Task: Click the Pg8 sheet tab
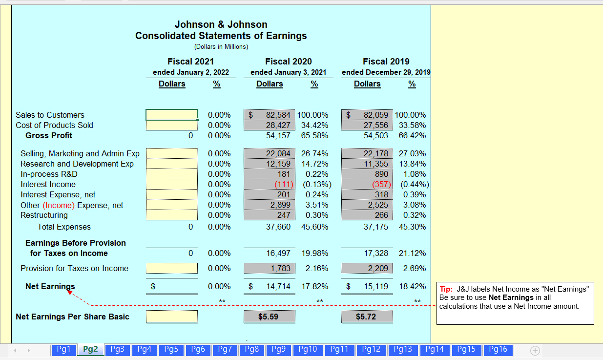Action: pos(252,349)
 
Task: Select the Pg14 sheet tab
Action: pos(435,349)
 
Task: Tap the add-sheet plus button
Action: pos(535,350)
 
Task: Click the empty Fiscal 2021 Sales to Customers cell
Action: pos(172,115)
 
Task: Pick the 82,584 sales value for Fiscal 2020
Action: pos(278,115)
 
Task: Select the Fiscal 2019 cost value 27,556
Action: pos(375,125)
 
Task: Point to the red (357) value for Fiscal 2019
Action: pos(381,184)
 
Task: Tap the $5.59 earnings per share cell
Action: pos(269,317)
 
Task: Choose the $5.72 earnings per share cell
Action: pos(366,317)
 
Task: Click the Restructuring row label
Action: pos(44,215)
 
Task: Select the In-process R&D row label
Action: pos(49,174)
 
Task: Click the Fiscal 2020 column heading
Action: pos(288,62)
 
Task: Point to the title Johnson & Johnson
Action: pos(221,24)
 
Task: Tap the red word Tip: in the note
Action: pos(446,289)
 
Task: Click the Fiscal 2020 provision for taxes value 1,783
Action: pos(281,268)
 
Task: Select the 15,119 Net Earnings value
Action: pos(376,286)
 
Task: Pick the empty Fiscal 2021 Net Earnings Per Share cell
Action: pos(172,317)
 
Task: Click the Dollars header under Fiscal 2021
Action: pos(172,84)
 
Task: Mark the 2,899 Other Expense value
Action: pos(280,205)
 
